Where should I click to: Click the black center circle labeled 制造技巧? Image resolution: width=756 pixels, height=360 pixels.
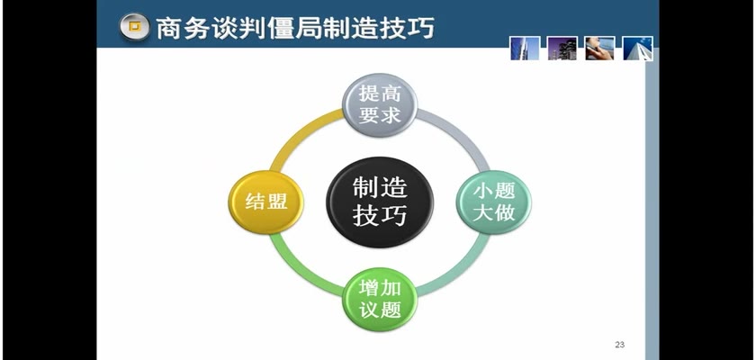(380, 202)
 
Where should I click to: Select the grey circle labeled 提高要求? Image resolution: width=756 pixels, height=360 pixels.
(380, 104)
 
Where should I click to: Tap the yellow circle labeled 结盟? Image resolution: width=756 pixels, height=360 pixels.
(265, 202)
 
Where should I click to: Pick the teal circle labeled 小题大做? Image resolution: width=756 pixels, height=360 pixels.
(494, 202)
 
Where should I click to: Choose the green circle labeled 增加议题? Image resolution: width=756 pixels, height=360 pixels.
(380, 300)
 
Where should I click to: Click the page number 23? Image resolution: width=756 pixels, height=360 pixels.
(619, 345)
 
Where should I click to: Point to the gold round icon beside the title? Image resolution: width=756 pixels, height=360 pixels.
(134, 26)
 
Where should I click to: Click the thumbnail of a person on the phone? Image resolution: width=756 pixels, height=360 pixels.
(599, 49)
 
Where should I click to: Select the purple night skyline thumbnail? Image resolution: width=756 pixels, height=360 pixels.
(562, 49)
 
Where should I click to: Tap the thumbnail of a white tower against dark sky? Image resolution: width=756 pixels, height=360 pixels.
(637, 49)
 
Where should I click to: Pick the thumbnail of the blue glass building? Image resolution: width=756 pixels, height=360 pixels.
(525, 49)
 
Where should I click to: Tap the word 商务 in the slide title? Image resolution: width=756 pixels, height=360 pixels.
(183, 28)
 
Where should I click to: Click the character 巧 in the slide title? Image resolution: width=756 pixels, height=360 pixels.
(420, 28)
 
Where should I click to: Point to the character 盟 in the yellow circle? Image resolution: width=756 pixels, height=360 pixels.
(277, 202)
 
